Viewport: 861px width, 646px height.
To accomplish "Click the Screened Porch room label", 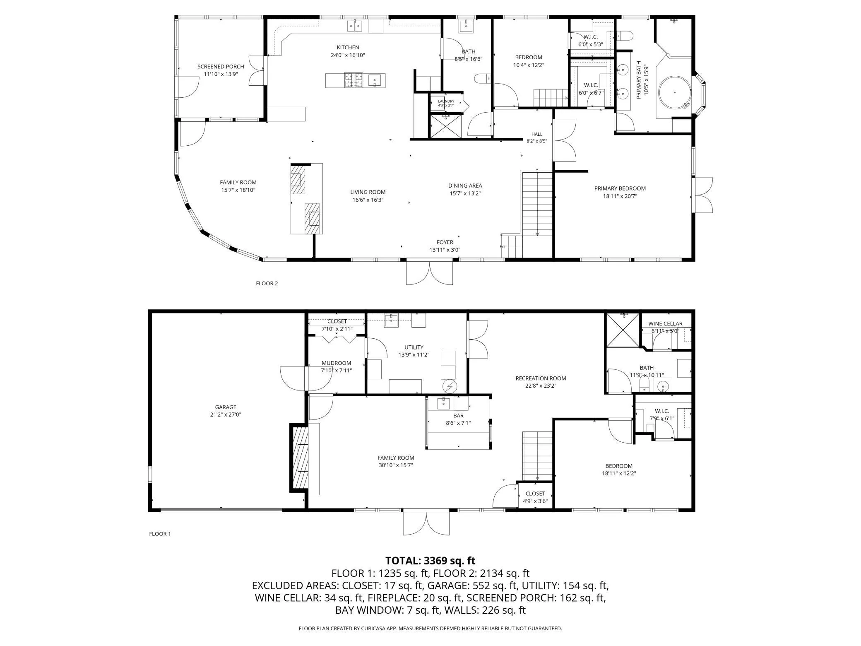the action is pos(221,66).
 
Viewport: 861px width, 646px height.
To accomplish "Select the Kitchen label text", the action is pos(348,47).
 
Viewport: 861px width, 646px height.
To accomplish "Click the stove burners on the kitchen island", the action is pos(354,80).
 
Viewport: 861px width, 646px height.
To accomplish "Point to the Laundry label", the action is pos(446,101).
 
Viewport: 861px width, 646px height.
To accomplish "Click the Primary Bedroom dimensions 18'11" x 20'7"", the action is pos(620,196).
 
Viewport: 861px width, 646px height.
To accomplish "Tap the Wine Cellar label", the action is pos(665,324).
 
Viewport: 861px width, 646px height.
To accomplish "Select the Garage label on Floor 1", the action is pos(226,407).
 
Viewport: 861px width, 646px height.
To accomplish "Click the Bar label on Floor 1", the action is pos(458,415).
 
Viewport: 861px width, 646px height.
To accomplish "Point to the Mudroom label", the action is pos(336,363).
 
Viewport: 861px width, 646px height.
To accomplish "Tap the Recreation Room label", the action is pos(541,378).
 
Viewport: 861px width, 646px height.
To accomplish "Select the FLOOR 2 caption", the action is pos(267,283).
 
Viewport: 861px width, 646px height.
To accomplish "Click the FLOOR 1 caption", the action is pos(160,534).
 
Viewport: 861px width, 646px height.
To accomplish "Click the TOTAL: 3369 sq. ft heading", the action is pos(430,561).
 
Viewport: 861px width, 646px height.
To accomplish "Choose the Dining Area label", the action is pos(465,186).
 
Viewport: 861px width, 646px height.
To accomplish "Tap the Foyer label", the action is pos(445,242).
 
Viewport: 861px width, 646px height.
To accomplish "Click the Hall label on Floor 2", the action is pos(537,134).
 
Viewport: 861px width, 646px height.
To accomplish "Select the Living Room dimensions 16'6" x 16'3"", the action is pos(368,200).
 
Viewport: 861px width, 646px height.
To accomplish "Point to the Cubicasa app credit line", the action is pos(430,629).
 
